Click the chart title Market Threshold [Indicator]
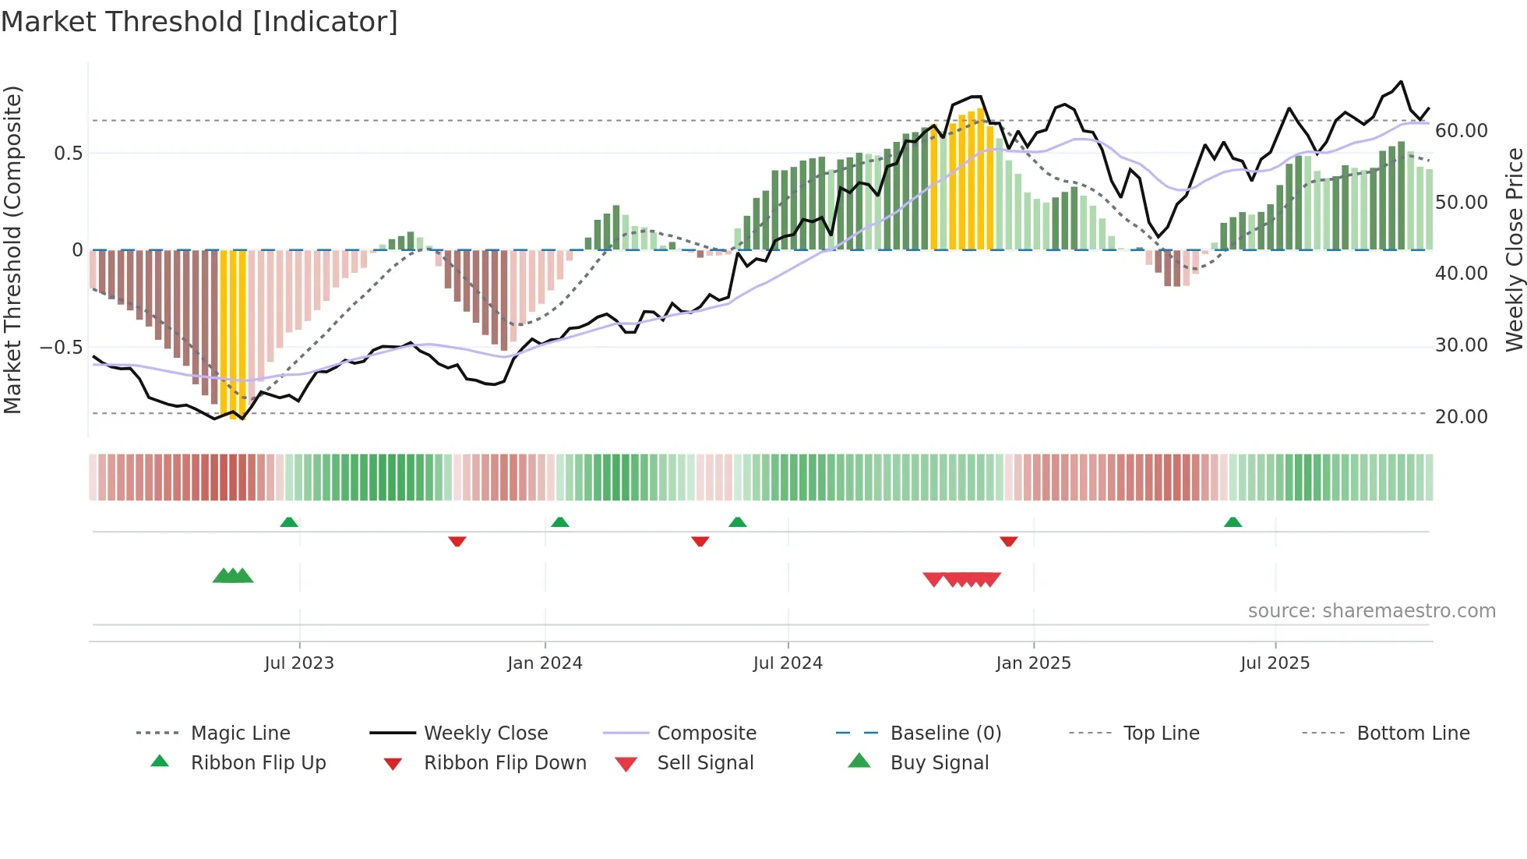pos(199,22)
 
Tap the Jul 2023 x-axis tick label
pos(299,663)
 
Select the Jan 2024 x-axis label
pos(545,663)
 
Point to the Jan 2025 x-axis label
pos(1033,663)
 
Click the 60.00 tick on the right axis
pos(1461,131)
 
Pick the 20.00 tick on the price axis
pos(1461,417)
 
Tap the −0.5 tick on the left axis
pos(61,347)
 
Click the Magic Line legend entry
pos(240,734)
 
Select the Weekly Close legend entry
pos(485,734)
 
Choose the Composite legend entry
pos(706,734)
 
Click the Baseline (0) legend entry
pos(945,734)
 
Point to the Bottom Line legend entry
pos(1412,734)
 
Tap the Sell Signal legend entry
pos(705,763)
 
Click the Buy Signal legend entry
pos(939,763)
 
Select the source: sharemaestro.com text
pos(1371,611)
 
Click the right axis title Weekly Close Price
pos(1514,249)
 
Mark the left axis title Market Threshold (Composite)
pos(12,249)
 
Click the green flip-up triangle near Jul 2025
pos(1233,522)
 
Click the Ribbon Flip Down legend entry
pos(504,763)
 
